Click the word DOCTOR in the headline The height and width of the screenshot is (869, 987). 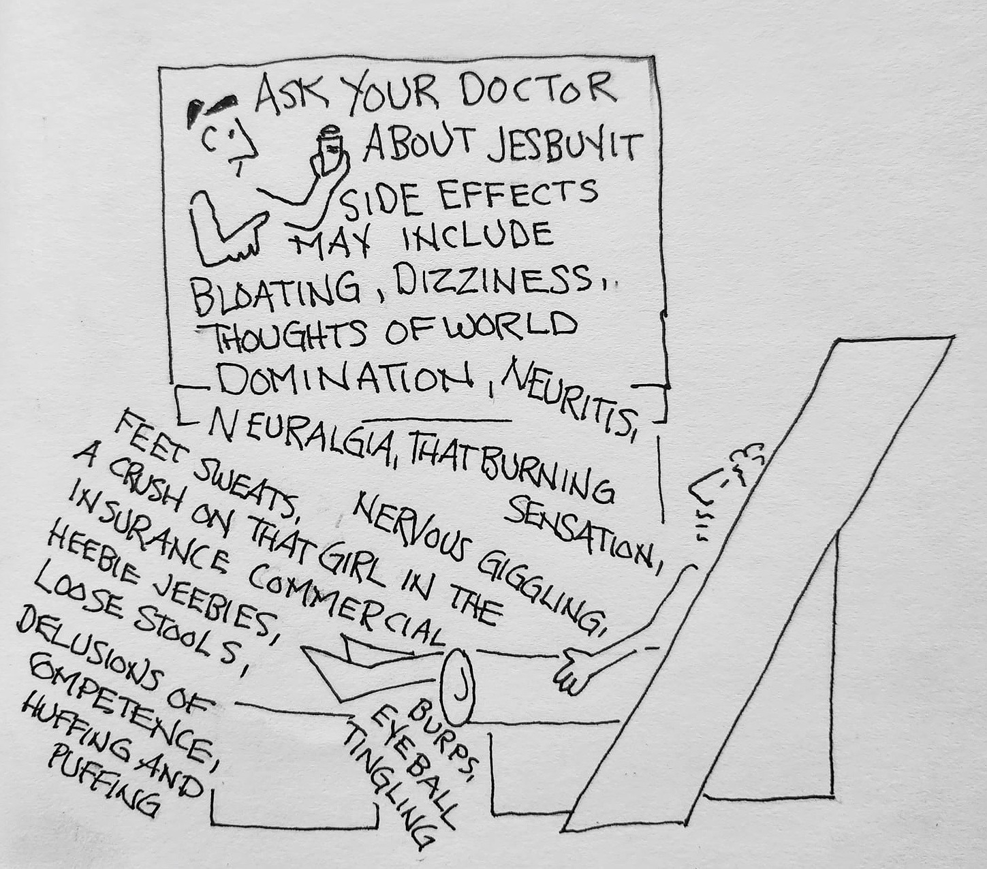[x=537, y=89]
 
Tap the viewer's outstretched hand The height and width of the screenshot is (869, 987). [x=576, y=670]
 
